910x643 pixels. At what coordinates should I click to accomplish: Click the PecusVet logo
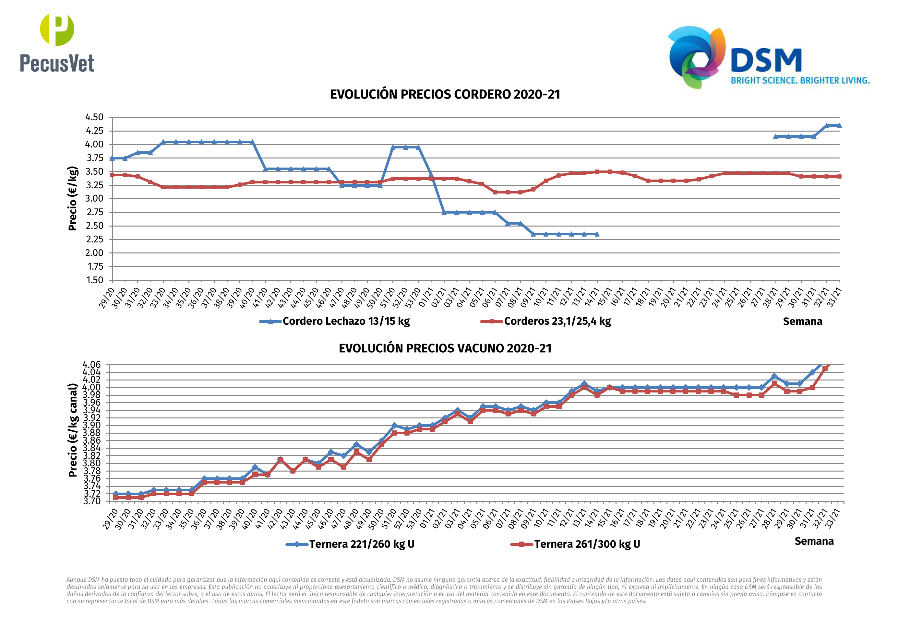point(57,43)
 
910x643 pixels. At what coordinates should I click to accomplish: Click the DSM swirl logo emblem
point(697,57)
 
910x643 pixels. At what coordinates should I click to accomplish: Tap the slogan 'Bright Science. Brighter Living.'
point(800,80)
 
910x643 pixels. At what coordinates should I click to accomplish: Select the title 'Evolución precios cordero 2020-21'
point(445,95)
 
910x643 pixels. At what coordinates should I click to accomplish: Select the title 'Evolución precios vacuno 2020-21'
point(445,348)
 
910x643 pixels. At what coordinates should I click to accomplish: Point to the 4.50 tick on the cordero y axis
point(94,117)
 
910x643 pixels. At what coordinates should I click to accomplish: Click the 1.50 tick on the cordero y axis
point(94,280)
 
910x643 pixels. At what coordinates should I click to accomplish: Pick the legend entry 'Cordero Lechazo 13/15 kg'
point(346,321)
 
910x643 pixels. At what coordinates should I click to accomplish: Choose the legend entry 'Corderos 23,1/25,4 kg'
point(557,321)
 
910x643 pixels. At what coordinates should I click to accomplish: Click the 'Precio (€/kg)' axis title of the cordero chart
point(73,198)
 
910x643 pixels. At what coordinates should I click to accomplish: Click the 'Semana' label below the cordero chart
point(802,322)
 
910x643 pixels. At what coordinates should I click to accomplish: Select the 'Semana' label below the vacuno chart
point(814,542)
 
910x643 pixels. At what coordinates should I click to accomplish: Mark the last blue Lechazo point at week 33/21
point(839,126)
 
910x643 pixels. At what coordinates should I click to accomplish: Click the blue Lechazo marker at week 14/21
point(597,234)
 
